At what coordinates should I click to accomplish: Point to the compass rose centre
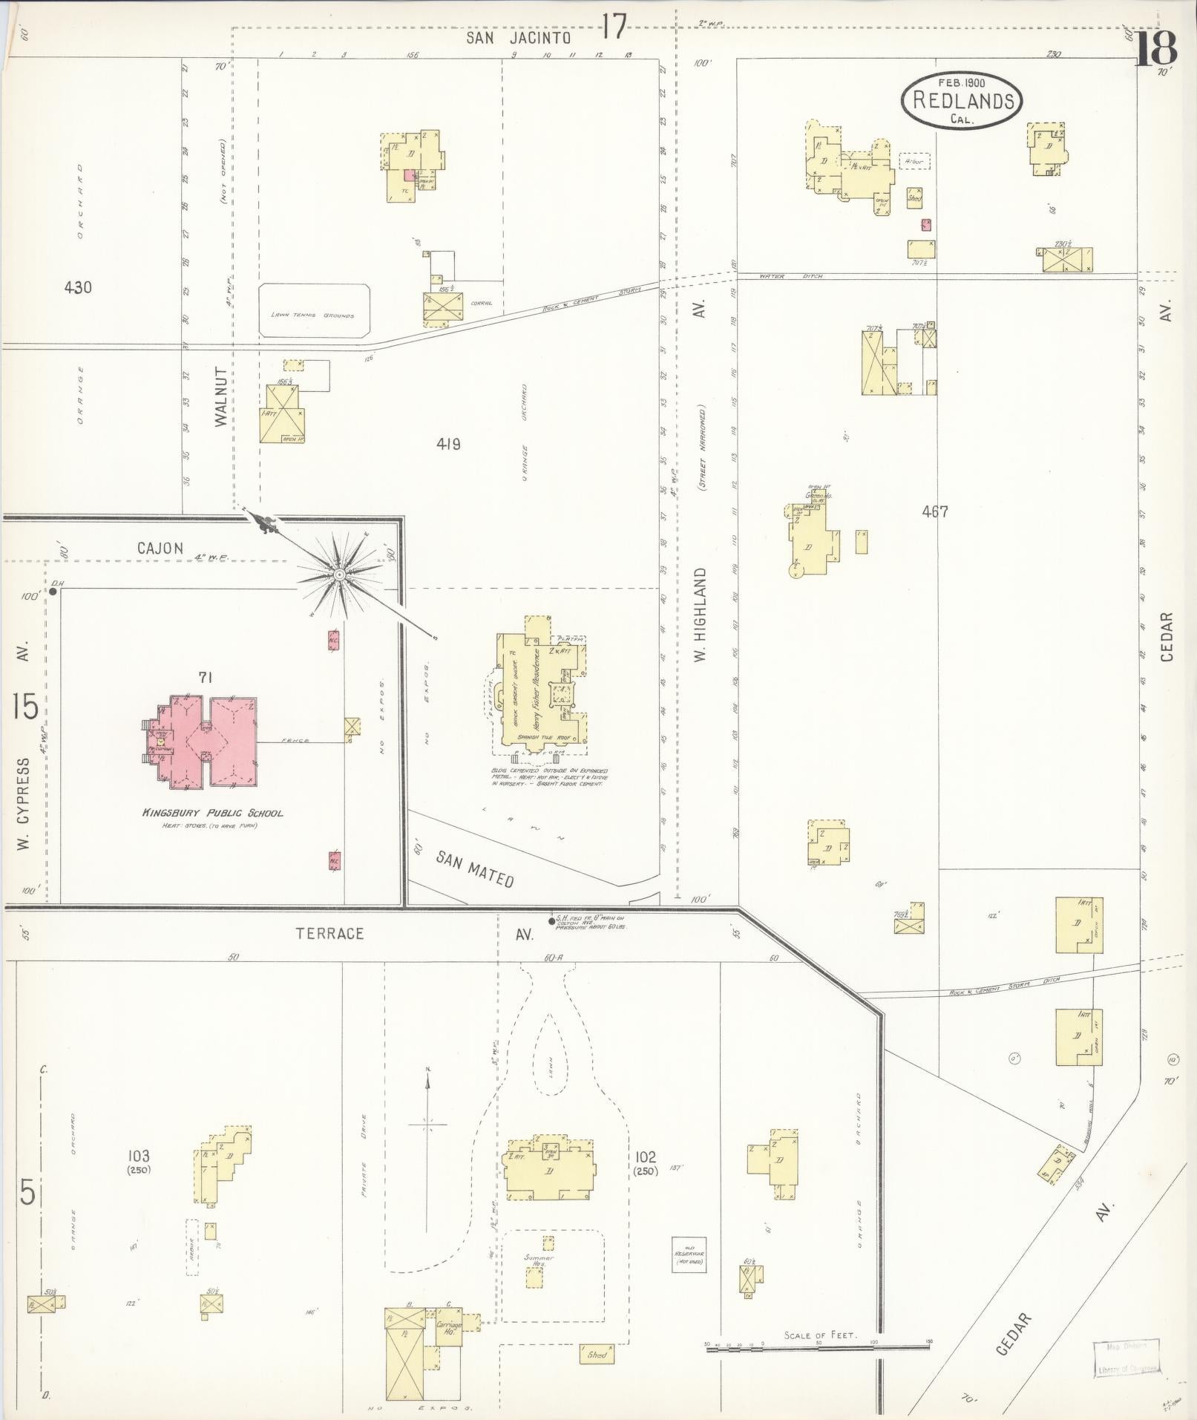pyautogui.click(x=338, y=575)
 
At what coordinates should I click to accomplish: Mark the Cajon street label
pyautogui.click(x=160, y=549)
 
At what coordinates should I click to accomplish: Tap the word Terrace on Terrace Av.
pyautogui.click(x=330, y=933)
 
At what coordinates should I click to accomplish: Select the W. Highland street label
pyautogui.click(x=701, y=615)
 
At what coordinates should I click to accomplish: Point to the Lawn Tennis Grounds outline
pyautogui.click(x=315, y=310)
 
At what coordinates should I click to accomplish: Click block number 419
pyautogui.click(x=448, y=444)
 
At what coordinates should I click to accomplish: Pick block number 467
pyautogui.click(x=935, y=511)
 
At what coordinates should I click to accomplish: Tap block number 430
pyautogui.click(x=77, y=287)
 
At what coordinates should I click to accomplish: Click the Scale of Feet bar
pyautogui.click(x=819, y=1347)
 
